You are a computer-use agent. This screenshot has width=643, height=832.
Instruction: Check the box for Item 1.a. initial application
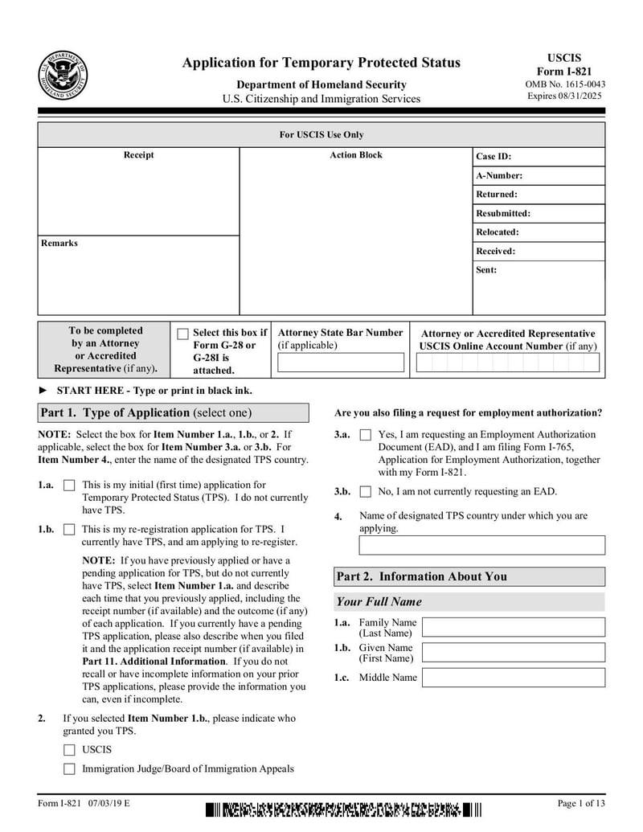click(69, 486)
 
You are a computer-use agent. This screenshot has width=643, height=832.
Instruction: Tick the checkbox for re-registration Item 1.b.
click(69, 530)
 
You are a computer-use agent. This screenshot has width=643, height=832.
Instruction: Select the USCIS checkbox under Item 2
click(69, 750)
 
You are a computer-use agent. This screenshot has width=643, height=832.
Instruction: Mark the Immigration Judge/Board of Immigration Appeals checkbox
click(69, 769)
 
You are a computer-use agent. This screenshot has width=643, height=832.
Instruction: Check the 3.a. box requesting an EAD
click(365, 435)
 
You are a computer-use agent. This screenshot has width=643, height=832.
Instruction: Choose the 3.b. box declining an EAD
click(365, 492)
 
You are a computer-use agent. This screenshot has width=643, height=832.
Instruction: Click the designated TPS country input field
click(481, 545)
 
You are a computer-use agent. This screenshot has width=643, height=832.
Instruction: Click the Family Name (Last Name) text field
click(514, 627)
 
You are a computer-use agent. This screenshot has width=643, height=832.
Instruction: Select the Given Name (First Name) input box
click(514, 652)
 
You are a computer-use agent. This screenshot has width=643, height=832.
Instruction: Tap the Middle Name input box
click(514, 678)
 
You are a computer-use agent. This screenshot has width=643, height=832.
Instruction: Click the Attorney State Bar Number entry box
click(341, 363)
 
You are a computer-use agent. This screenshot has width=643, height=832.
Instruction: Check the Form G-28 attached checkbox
click(182, 334)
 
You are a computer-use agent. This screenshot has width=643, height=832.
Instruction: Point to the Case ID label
click(494, 157)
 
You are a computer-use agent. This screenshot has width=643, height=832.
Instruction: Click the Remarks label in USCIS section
click(59, 243)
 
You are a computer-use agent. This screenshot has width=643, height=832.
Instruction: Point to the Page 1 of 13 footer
click(581, 803)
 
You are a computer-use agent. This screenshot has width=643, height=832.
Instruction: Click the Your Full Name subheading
click(379, 601)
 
